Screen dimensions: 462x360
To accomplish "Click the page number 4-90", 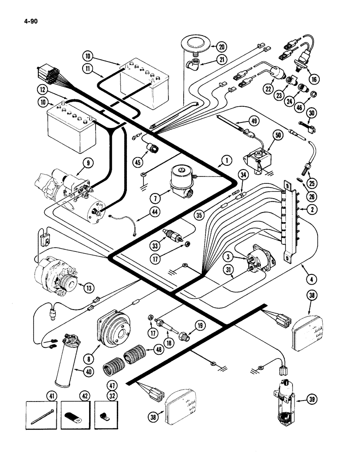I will pos(29,21).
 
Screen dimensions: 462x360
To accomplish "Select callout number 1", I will pos(226,161).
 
